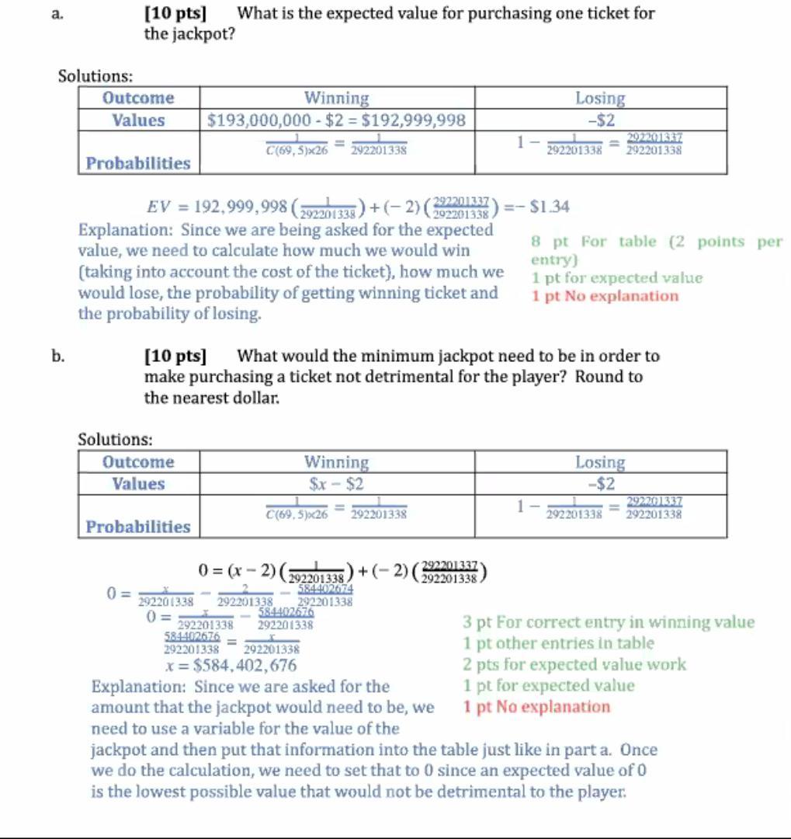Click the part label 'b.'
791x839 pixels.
57,357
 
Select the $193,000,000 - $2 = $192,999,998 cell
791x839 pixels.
337,120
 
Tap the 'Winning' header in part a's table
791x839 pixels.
337,99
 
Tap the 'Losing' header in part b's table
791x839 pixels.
600,462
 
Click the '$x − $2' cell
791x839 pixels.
337,484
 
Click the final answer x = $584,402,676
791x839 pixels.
231,665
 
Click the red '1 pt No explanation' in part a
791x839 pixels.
605,296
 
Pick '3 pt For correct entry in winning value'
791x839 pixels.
608,622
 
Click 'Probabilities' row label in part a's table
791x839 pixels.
138,163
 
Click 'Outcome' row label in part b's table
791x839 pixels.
138,462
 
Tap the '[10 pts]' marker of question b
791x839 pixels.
175,357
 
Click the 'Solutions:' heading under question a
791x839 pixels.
96,76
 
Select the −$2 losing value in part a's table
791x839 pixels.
600,120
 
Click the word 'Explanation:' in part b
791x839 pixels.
139,687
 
